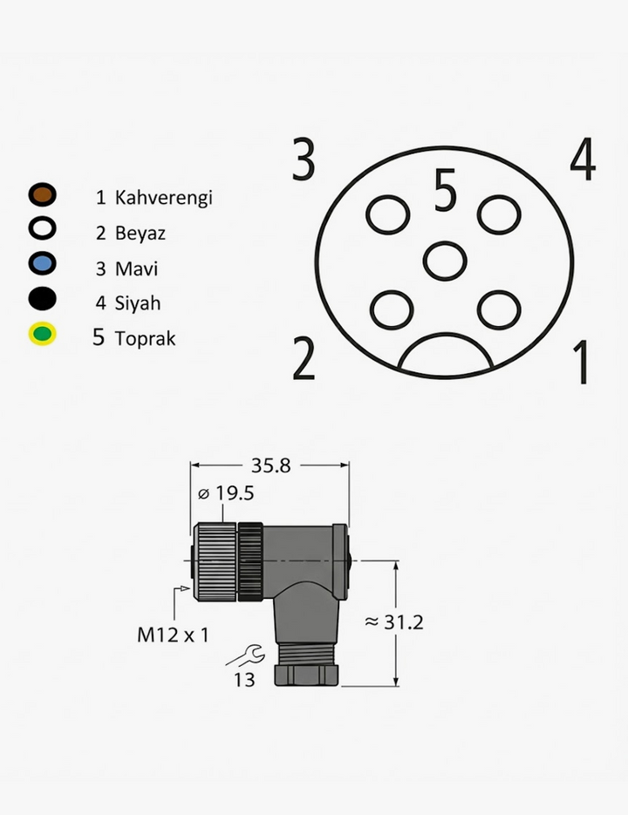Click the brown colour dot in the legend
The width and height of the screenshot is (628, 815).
pyautogui.click(x=42, y=195)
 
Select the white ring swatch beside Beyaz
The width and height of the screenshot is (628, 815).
pyautogui.click(x=42, y=230)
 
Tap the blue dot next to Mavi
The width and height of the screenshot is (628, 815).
pyautogui.click(x=42, y=264)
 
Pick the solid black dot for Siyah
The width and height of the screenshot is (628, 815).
pyautogui.click(x=42, y=299)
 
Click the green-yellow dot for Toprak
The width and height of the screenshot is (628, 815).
pyautogui.click(x=42, y=334)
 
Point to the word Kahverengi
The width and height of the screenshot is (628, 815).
pyautogui.click(x=164, y=197)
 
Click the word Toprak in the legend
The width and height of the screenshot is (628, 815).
pyautogui.click(x=145, y=337)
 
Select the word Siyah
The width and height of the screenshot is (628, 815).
pyautogui.click(x=138, y=303)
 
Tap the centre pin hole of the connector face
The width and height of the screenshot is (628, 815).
pyautogui.click(x=445, y=261)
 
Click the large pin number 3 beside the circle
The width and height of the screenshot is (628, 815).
pyautogui.click(x=304, y=160)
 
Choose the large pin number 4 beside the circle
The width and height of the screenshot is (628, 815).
pyautogui.click(x=583, y=160)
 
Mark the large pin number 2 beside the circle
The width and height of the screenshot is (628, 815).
pyautogui.click(x=304, y=359)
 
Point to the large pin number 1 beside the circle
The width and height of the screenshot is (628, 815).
pyautogui.click(x=580, y=362)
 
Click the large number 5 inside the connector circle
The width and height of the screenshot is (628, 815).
pyautogui.click(x=445, y=192)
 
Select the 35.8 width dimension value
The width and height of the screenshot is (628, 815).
pyautogui.click(x=270, y=465)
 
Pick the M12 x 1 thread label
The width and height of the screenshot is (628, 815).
pyautogui.click(x=173, y=635)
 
